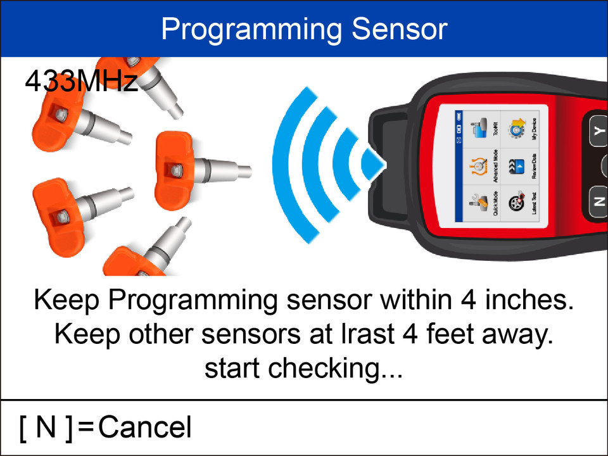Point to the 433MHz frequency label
[81, 82]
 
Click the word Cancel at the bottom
[145, 427]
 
